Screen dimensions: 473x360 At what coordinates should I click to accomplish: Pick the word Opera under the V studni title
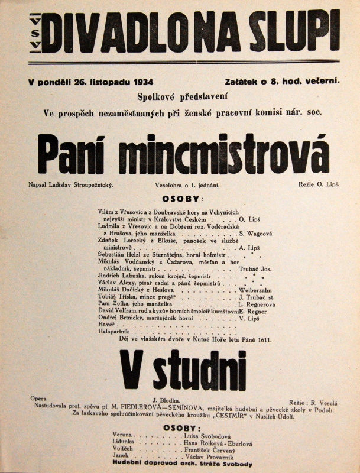38,399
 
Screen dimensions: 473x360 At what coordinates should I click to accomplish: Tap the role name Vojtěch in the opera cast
122,450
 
